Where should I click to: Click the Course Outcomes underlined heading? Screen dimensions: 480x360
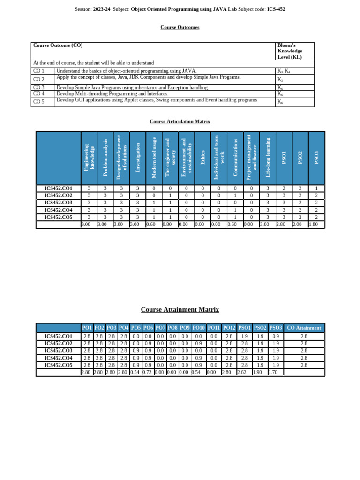click(180, 28)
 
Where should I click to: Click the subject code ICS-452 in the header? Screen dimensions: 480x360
click(276, 9)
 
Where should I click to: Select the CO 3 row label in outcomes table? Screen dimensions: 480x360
click(39, 88)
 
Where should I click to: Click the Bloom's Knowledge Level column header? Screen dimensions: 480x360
click(290, 51)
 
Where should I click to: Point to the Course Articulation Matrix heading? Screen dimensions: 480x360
click(180, 122)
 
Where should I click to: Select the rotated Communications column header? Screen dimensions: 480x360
click(235, 157)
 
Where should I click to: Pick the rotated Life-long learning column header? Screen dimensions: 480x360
click(268, 157)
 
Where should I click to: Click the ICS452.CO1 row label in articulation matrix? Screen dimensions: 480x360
click(58, 188)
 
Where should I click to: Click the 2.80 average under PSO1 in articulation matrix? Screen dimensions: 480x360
click(280, 225)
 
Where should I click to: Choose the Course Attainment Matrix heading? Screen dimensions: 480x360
click(180, 310)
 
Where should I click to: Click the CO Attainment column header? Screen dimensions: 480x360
click(304, 328)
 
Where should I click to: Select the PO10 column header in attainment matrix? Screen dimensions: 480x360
click(198, 328)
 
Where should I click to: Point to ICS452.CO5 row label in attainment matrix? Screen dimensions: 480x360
click(58, 365)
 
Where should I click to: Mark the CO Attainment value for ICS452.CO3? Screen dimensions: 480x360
click(304, 351)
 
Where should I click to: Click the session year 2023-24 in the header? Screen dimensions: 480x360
click(102, 9)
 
